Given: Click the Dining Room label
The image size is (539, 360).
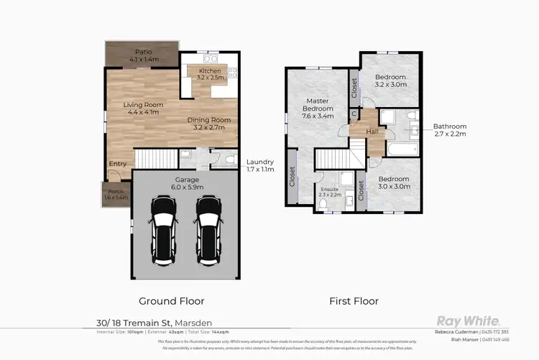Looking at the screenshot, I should tap(208, 123).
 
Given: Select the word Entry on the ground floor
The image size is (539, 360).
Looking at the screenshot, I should tap(117, 164).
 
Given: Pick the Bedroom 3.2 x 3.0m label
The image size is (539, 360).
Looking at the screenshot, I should tap(390, 81).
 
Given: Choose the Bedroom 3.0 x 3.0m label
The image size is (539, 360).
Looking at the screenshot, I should tap(393, 183).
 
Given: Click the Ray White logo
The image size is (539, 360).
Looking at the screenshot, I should tap(468, 322).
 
